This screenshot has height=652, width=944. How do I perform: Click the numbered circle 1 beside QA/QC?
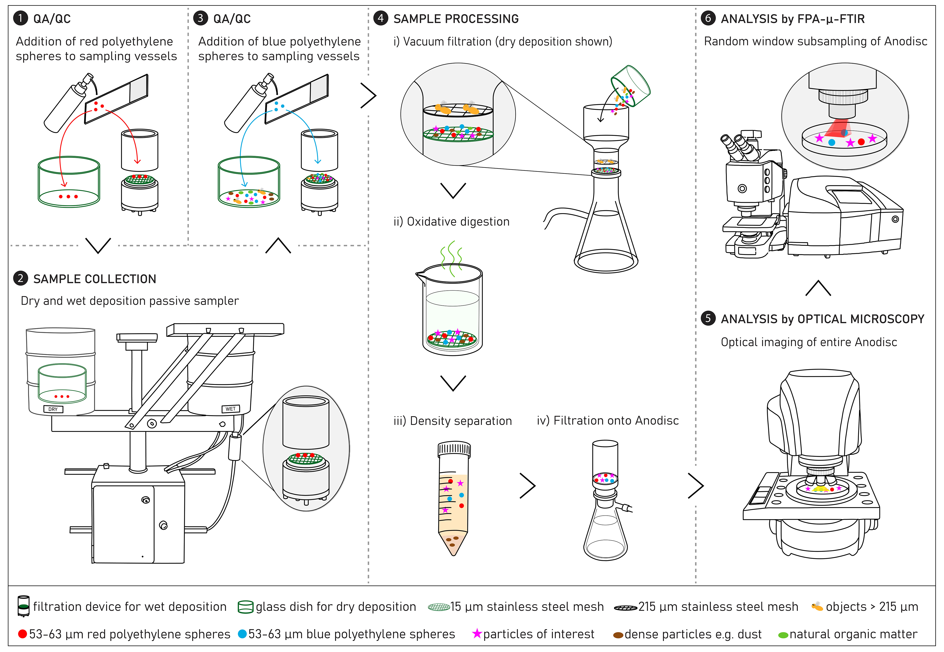pyautogui.click(x=20, y=18)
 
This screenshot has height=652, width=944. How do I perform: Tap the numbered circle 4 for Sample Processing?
pyautogui.click(x=381, y=18)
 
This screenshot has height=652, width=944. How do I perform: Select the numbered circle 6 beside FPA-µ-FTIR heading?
pyautogui.click(x=708, y=18)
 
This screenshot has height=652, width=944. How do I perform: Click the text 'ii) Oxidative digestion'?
pyautogui.click(x=451, y=222)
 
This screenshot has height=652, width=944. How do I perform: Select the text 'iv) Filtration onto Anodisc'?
pyautogui.click(x=607, y=421)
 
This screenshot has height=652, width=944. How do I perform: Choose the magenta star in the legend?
pyautogui.click(x=477, y=634)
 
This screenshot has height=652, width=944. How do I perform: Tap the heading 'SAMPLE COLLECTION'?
pyautogui.click(x=95, y=279)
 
